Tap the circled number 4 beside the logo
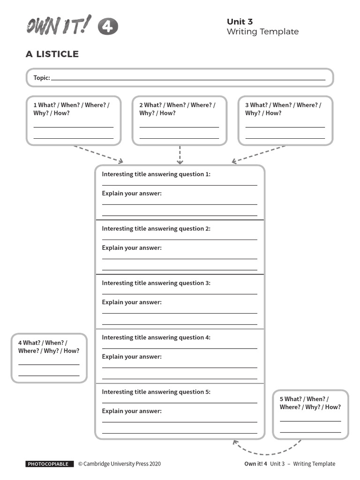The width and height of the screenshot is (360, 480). [108, 27]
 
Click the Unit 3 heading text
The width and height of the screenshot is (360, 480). [240, 22]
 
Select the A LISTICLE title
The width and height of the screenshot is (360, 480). [52, 54]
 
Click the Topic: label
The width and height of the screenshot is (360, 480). [42, 78]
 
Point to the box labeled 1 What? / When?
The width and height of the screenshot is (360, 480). [74, 120]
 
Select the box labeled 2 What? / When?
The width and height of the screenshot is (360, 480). [180, 120]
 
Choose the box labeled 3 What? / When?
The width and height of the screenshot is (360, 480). [285, 120]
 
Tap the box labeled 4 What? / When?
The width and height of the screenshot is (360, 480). [49, 358]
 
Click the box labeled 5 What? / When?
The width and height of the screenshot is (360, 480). [310, 414]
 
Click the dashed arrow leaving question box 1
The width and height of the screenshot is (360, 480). [98, 154]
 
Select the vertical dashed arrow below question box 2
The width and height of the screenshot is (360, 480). [180, 155]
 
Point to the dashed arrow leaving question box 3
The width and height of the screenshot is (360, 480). [259, 154]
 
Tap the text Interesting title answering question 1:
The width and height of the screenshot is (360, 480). [156, 174]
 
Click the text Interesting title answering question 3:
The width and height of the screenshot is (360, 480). [156, 283]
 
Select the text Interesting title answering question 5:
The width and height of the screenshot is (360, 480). [156, 392]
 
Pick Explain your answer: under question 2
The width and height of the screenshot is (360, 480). [132, 248]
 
